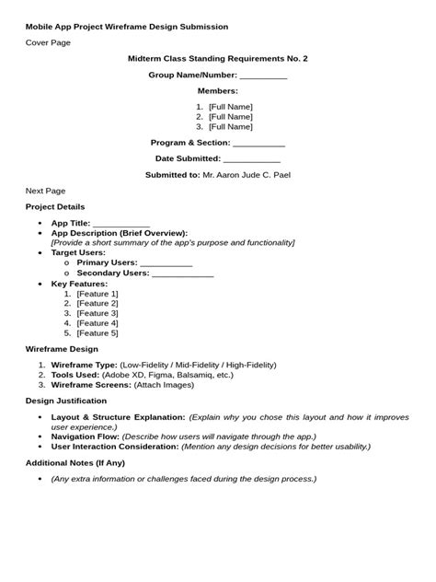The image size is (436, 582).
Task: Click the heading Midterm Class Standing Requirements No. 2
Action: pos(217,59)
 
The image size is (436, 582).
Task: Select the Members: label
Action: pos(218,91)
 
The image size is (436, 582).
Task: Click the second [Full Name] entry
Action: pos(230,117)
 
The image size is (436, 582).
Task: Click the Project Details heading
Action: pos(55,206)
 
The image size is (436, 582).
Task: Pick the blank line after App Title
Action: pos(121,224)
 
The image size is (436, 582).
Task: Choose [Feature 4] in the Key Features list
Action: pos(98,323)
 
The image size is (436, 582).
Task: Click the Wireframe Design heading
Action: pos(62,350)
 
